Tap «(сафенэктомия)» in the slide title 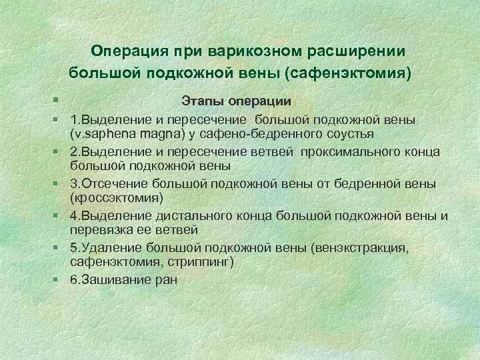pos(349,71)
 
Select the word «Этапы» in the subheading pos(203,101)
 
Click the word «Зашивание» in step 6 pos(115,279)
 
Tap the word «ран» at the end pos(167,279)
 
